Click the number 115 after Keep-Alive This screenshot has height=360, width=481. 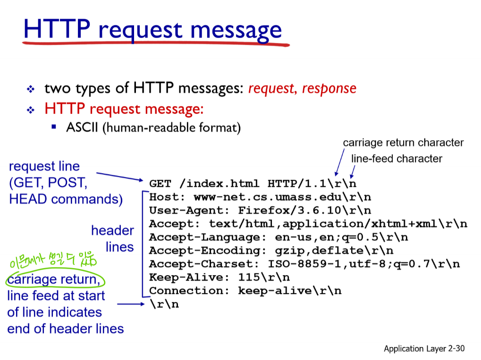pyautogui.click(x=249, y=277)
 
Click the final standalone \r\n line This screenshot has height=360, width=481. pyautogui.click(x=164, y=304)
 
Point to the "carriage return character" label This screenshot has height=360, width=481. pyautogui.click(x=403, y=142)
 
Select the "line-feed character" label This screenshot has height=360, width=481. pyautogui.click(x=397, y=159)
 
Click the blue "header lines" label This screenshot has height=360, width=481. pyautogui.click(x=113, y=238)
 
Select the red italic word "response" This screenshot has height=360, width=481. pyautogui.click(x=329, y=88)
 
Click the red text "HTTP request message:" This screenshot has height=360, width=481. pyautogui.click(x=124, y=109)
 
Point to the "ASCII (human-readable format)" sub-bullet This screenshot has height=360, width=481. pyautogui.click(x=153, y=127)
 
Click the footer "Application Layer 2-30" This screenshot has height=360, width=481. pyautogui.click(x=424, y=349)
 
